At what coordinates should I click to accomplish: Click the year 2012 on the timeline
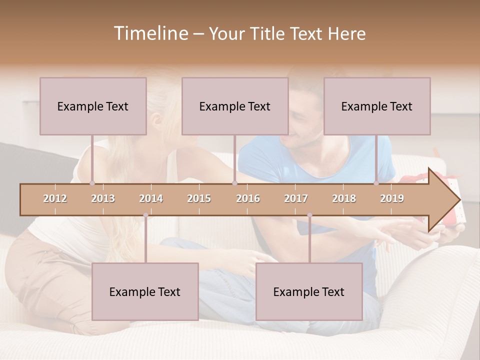click(55, 198)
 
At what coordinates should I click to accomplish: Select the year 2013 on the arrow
click(103, 198)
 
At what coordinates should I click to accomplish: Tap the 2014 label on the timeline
click(151, 198)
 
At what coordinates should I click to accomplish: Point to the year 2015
click(199, 198)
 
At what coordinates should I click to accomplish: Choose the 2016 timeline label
click(248, 198)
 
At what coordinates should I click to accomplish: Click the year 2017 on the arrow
click(296, 198)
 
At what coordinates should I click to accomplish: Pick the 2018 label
click(344, 198)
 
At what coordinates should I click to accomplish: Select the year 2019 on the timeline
click(392, 198)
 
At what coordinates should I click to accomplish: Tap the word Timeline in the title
click(150, 33)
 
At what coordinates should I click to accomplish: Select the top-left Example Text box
click(93, 106)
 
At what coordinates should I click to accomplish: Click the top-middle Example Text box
click(235, 106)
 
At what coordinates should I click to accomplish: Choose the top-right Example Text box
click(377, 106)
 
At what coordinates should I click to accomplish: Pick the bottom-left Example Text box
click(145, 291)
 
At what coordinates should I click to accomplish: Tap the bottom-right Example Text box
click(309, 291)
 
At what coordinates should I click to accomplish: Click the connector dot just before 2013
click(92, 183)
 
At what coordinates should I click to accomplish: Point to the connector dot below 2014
click(145, 215)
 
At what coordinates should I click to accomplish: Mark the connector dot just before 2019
click(376, 183)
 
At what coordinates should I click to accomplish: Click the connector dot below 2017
click(309, 215)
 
